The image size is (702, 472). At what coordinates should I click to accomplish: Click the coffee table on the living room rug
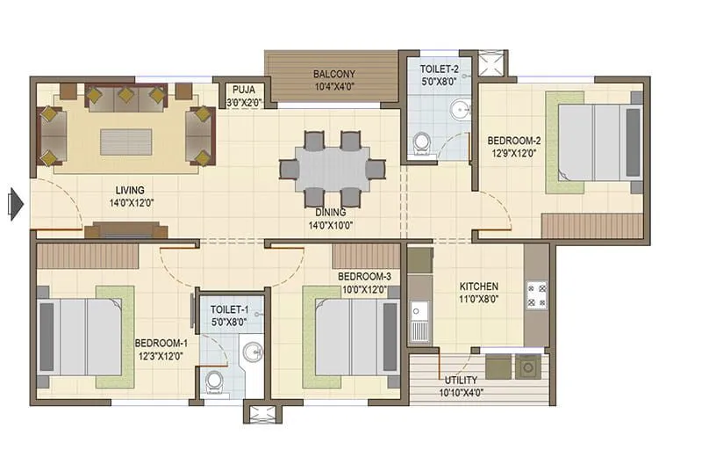pyautogui.click(x=125, y=142)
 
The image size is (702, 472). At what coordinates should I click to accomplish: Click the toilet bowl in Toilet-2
pyautogui.click(x=422, y=142)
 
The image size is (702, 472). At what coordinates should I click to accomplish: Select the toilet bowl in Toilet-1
pyautogui.click(x=211, y=380)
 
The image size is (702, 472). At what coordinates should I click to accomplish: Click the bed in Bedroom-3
pyautogui.click(x=352, y=337)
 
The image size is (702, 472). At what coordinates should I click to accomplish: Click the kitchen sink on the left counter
pyautogui.click(x=419, y=314)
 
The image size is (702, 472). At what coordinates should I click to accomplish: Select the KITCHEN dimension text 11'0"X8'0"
pyautogui.click(x=479, y=300)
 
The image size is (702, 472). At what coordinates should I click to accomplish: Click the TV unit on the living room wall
pyautogui.click(x=125, y=231)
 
